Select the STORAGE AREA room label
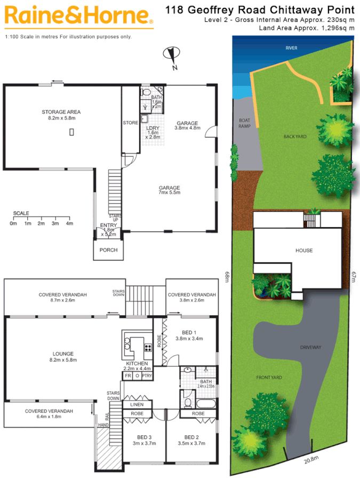coord(61,112)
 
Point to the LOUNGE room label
coord(63,354)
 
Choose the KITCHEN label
coord(136,363)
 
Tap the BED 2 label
coord(191,436)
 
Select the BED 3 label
coord(143,436)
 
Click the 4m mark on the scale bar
coord(69,223)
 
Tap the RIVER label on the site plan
coord(291,48)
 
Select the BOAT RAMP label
coord(244,123)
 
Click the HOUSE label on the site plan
coord(304,250)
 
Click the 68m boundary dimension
coord(227,278)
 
